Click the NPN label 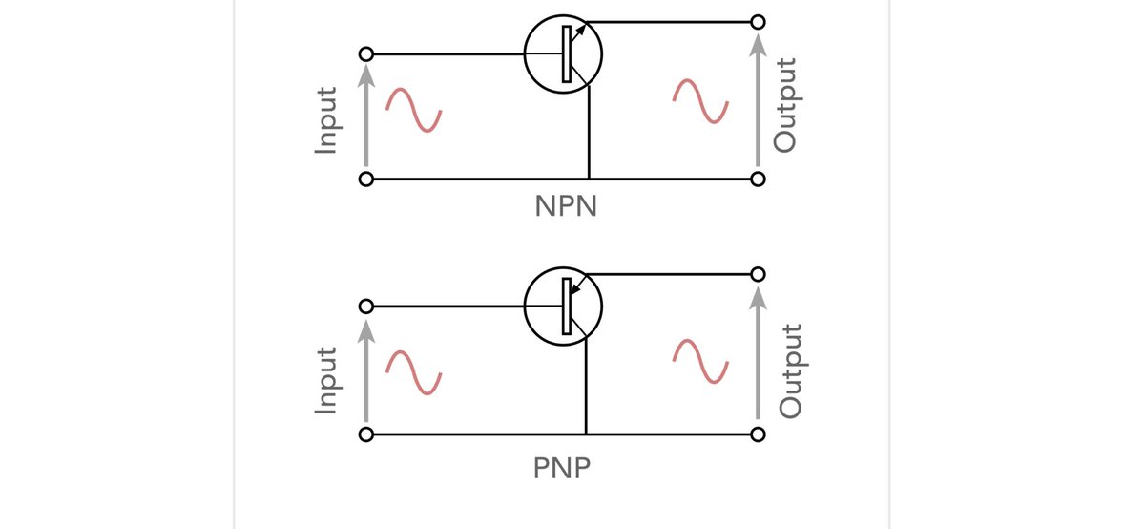click(x=566, y=206)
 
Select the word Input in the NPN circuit click(x=327, y=120)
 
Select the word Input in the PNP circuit click(x=327, y=379)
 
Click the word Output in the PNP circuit click(x=790, y=370)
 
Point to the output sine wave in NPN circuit click(x=700, y=101)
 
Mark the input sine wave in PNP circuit click(x=412, y=372)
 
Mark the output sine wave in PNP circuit click(x=700, y=362)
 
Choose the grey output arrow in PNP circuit click(x=758, y=354)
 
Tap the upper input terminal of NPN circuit click(x=364, y=53)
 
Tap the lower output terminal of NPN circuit click(x=758, y=179)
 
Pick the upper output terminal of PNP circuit click(x=758, y=274)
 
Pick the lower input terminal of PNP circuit click(x=364, y=434)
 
